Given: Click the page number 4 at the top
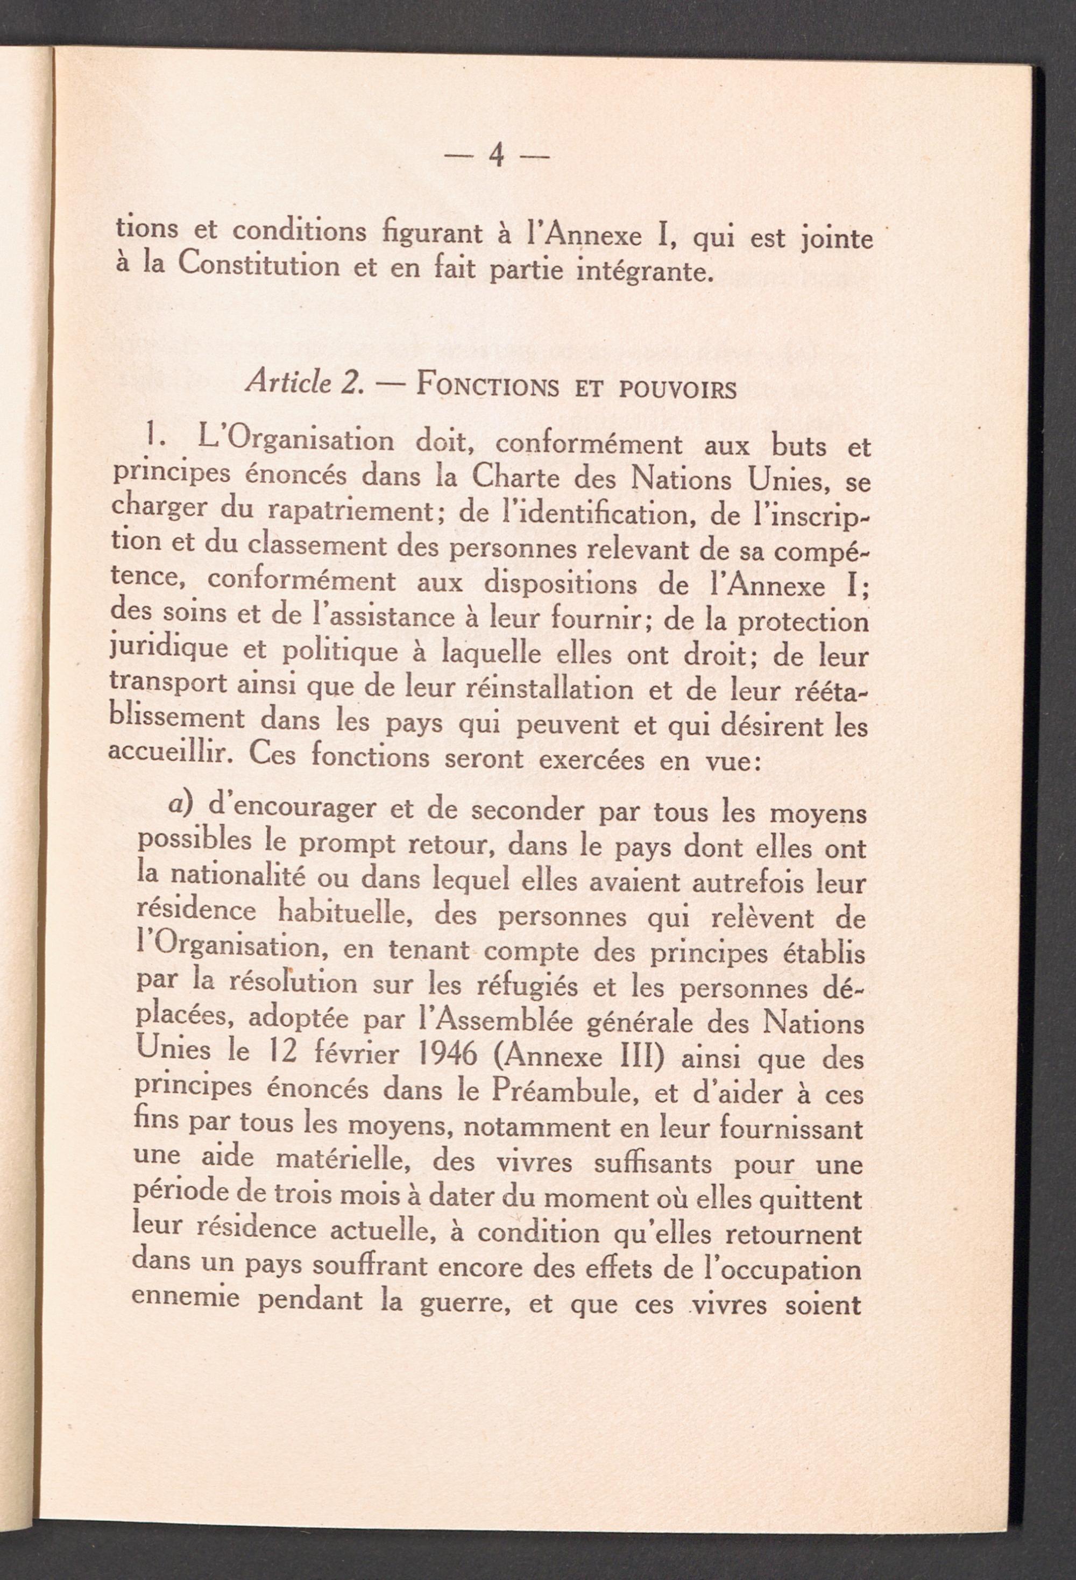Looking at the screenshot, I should tap(497, 158).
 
